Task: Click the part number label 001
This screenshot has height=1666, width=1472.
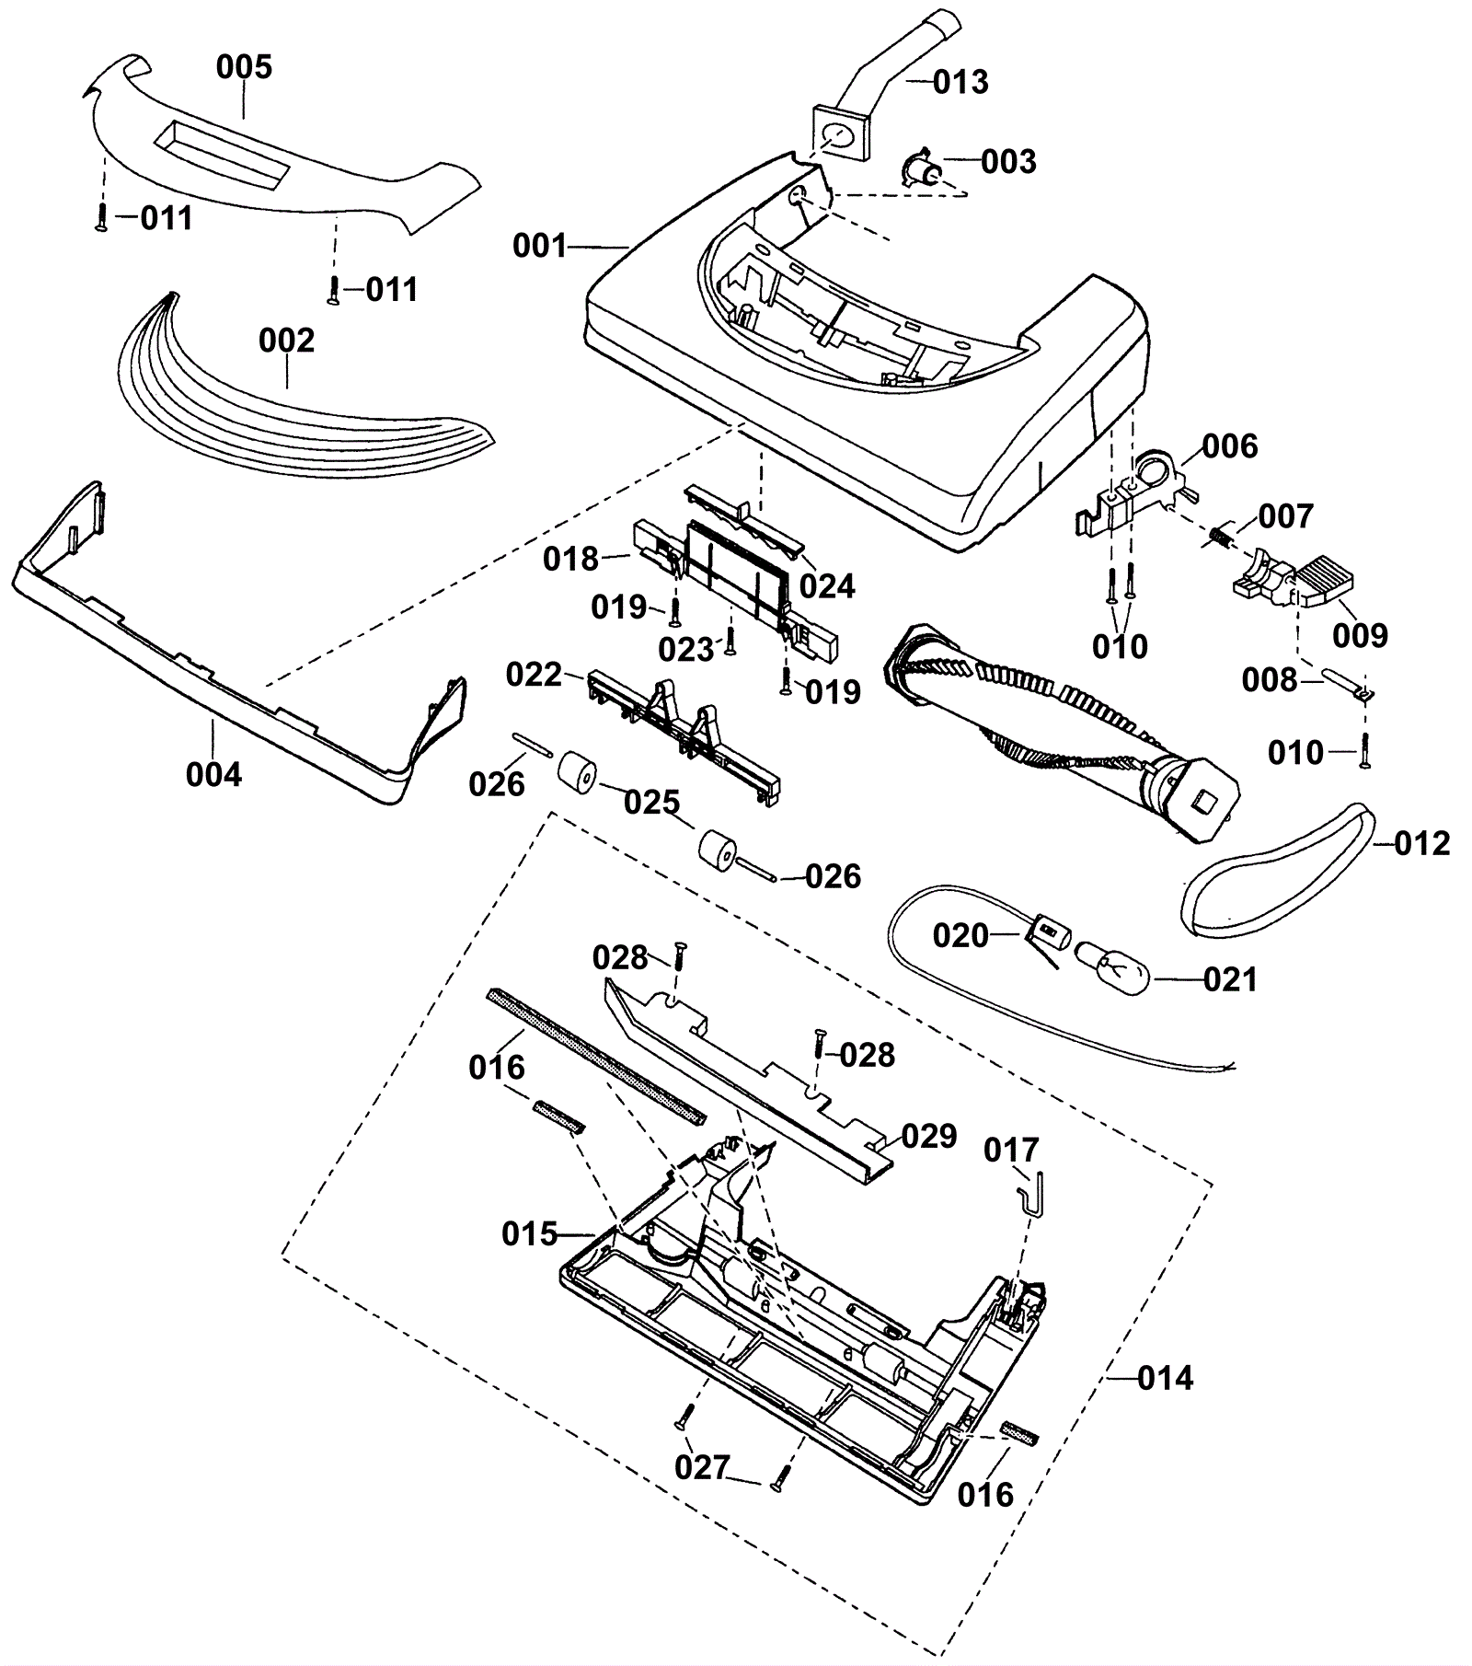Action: coord(540,246)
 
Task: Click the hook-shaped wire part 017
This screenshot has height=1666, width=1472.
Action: coord(1029,1191)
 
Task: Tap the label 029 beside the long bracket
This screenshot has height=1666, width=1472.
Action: coord(928,1136)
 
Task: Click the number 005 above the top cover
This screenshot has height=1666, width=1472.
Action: coord(245,66)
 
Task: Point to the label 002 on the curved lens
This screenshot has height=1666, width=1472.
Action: coord(286,341)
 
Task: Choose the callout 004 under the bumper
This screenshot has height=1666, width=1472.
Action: coord(213,775)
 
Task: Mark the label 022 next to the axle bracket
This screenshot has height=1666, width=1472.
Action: coord(534,675)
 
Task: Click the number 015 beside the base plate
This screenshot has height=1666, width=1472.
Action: coord(530,1233)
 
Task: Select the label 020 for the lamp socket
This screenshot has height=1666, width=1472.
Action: coord(960,935)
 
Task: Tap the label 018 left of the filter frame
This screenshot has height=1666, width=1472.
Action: coord(570,559)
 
